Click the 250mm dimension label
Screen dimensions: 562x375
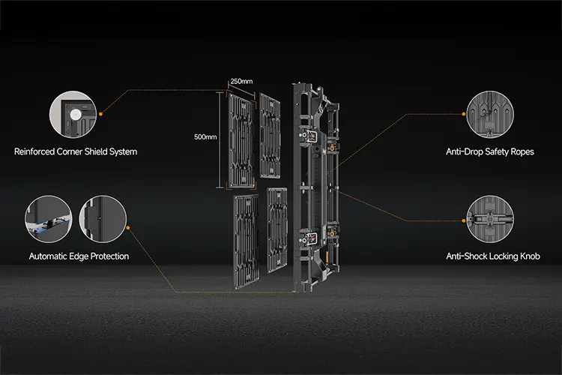pyautogui.click(x=241, y=82)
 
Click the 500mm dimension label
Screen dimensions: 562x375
pyautogui.click(x=205, y=137)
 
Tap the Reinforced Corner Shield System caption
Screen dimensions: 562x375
pyautogui.click(x=76, y=151)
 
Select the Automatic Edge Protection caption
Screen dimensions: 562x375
pyautogui.click(x=79, y=256)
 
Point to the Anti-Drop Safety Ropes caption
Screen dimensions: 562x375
pyautogui.click(x=490, y=151)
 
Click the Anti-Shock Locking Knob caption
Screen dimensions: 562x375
pyautogui.click(x=493, y=256)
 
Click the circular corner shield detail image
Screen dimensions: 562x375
pyautogui.click(x=73, y=115)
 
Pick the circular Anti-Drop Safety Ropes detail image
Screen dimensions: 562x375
pyautogui.click(x=490, y=115)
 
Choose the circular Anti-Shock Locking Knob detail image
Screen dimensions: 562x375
pyautogui.click(x=490, y=219)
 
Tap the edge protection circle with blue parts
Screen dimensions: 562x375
pyautogui.click(x=49, y=219)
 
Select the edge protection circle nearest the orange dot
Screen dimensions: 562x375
pyautogui.click(x=103, y=219)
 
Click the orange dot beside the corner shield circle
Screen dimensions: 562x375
pyautogui.click(x=100, y=114)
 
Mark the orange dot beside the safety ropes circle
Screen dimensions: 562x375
pyautogui.click(x=463, y=114)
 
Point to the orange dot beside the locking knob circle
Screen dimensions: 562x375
pyautogui.click(x=463, y=220)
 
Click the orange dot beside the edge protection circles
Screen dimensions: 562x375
pyautogui.click(x=128, y=227)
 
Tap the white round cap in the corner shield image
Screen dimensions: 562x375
pyautogui.click(x=75, y=115)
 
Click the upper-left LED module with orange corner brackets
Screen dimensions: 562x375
pyautogui.click(x=241, y=140)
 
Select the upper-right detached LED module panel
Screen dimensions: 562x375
pyautogui.click(x=270, y=136)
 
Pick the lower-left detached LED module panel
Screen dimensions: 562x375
pyautogui.click(x=247, y=241)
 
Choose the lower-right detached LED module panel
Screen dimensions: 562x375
pyautogui.click(x=277, y=229)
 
